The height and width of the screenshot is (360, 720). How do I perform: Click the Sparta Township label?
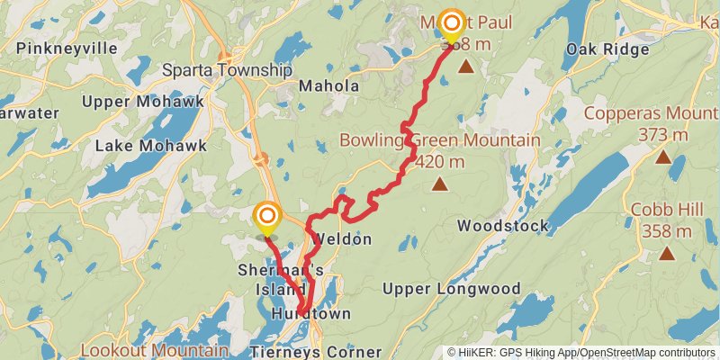click(227, 70)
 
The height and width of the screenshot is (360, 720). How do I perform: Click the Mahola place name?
click(328, 86)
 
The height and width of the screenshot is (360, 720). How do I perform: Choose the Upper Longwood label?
click(451, 289)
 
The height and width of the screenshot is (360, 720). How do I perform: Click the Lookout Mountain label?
click(154, 349)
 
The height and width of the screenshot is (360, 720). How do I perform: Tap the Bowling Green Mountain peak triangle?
click(439, 184)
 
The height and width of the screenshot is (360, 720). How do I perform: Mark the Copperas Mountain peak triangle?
click(663, 157)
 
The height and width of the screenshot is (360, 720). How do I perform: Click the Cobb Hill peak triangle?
click(667, 253)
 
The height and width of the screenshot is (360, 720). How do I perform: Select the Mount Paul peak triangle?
click(466, 66)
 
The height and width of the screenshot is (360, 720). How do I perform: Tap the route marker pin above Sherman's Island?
click(267, 216)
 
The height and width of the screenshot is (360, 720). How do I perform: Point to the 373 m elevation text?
click(663, 135)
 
